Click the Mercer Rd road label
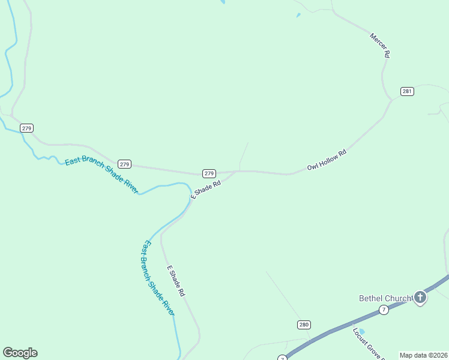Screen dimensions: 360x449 [x=380, y=46]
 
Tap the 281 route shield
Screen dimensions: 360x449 [x=408, y=91]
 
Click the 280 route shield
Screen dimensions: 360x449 [x=304, y=325]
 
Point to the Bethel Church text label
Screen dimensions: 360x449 [x=385, y=298]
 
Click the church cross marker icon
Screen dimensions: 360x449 [x=420, y=296]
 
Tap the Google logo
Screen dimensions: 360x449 [x=20, y=353]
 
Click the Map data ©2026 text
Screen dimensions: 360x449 [x=424, y=355]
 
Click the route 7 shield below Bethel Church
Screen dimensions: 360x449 [x=383, y=310]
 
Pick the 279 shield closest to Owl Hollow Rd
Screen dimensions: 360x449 [x=209, y=173]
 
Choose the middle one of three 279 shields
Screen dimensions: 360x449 [x=124, y=164]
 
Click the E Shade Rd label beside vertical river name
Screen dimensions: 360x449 [x=175, y=281]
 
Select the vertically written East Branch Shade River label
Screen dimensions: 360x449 [x=158, y=278]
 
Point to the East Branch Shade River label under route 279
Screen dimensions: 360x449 [x=101, y=174]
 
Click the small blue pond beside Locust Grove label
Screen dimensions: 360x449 [x=361, y=331]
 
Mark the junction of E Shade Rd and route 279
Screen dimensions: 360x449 [x=236, y=172]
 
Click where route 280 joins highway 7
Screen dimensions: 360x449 [x=310, y=340]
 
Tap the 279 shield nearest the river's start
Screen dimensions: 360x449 [x=26, y=128]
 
